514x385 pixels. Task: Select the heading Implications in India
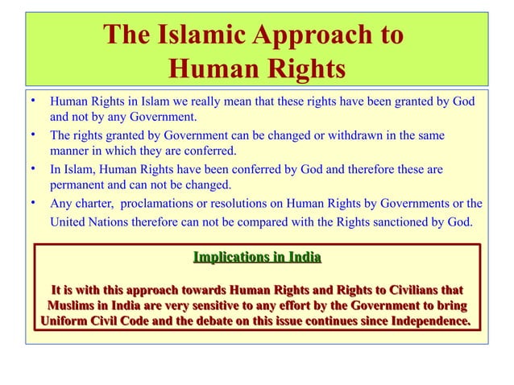point(257,258)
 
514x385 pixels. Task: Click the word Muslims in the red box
point(77,306)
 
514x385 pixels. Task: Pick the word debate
point(222,323)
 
